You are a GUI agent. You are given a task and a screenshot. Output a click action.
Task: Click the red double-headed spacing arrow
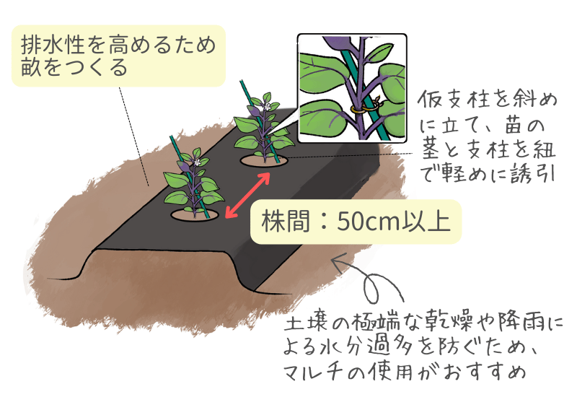[x=247, y=194]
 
